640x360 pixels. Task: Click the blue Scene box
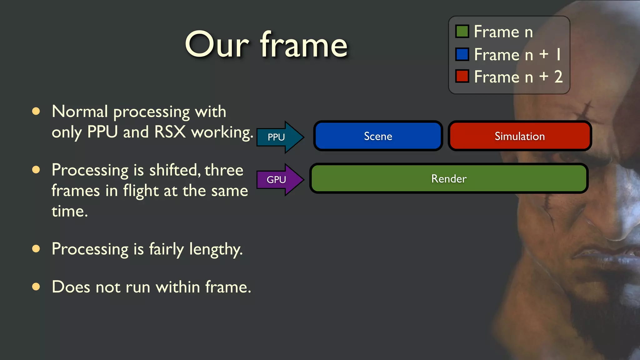pos(378,136)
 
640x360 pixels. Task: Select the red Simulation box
pos(519,136)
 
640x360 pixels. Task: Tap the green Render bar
pos(449,178)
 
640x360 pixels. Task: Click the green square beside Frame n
pos(462,31)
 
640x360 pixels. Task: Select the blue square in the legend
pos(462,54)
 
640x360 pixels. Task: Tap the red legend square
pos(462,76)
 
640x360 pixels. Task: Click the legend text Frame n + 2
pos(518,77)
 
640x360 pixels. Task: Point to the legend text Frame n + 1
pos(517,54)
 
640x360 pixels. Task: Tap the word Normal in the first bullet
pos(80,111)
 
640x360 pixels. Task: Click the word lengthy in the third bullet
pos(216,249)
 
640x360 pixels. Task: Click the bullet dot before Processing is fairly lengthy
pos(36,249)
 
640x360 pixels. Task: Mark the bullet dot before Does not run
pos(36,287)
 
